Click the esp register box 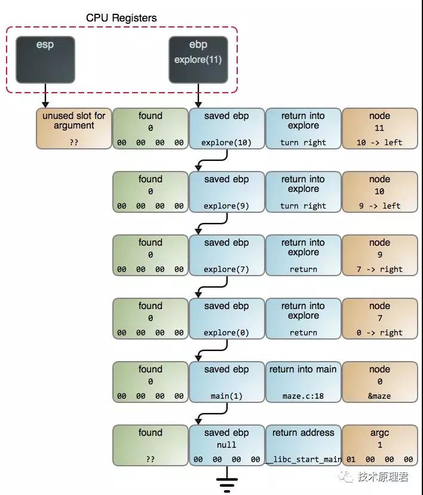45,60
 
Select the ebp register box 198,60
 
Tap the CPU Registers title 121,18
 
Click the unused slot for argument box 74,129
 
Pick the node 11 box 380,129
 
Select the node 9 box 380,255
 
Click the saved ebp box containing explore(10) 226,129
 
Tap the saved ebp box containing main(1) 226,382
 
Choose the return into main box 303,382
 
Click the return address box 303,445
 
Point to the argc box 380,445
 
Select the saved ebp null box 226,445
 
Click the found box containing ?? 150,445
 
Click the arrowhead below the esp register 45,105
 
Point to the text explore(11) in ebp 198,60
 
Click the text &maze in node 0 379,396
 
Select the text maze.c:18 303,396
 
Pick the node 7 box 380,319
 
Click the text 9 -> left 380,206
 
